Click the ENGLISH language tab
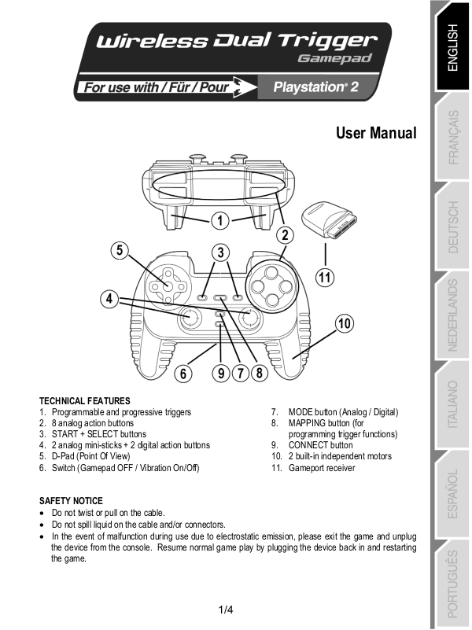[x=452, y=46]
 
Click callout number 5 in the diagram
[x=120, y=250]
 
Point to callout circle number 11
[x=325, y=276]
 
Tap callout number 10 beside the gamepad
[x=344, y=323]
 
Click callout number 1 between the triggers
[x=220, y=219]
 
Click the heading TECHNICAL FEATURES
[x=85, y=401]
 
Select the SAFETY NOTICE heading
[x=71, y=501]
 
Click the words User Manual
[x=376, y=133]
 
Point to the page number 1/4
[x=226, y=610]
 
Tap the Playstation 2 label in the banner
[x=315, y=87]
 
